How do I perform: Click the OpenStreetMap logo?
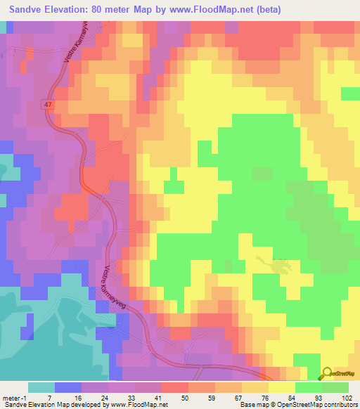[x=340, y=374]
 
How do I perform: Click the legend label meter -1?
[x=15, y=397]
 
